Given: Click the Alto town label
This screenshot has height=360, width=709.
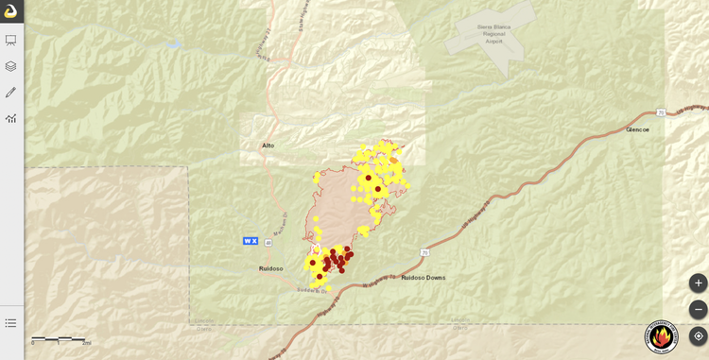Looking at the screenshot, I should coord(268,146).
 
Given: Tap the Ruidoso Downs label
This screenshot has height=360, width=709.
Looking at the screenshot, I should coord(423,278).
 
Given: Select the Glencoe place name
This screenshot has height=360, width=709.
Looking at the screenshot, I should coord(637,129).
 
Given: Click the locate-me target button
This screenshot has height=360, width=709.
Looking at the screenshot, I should coord(698,335).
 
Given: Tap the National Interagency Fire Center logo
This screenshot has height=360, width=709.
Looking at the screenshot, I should coord(661,336).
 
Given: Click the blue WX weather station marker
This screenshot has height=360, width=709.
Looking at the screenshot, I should coord(251,241).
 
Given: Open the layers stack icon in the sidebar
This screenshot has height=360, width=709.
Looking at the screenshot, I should coord(11,66).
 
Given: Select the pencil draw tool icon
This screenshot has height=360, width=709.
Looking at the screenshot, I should coord(11,93).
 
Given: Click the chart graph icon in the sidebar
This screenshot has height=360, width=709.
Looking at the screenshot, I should coord(11,118).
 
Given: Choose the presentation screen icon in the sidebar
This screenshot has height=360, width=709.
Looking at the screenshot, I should coord(11,41).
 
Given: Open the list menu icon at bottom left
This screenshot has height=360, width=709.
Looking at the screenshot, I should coord(11,323).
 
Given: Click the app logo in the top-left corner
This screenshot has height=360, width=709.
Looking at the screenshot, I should coord(11,11).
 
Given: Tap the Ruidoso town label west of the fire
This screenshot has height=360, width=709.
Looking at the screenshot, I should coord(270,268).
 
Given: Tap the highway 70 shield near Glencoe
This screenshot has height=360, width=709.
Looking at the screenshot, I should coord(662,112).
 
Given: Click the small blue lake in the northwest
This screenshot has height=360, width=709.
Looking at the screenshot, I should coord(173,43).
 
